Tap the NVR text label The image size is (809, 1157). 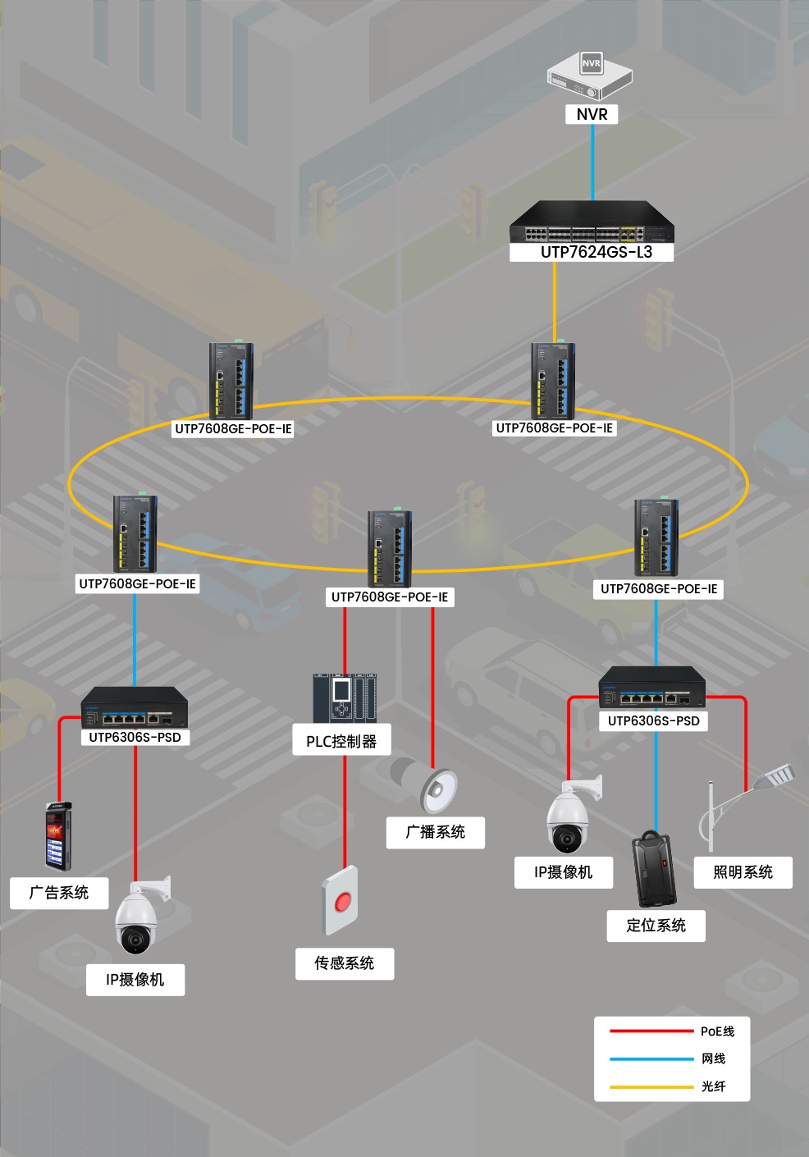coord(592,114)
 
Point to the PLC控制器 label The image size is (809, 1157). coord(341,741)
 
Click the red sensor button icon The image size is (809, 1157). coord(341,901)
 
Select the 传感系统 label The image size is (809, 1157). coord(345,963)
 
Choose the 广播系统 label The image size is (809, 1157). coord(436,832)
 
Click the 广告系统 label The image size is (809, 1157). coord(59,892)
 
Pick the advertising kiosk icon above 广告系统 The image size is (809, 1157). coord(57,836)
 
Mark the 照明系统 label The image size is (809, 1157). coord(743,872)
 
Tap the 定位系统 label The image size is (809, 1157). coord(656,926)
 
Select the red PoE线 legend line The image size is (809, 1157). coord(651,1031)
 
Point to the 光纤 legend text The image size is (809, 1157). coord(713,1086)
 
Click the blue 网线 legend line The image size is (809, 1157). coord(651,1059)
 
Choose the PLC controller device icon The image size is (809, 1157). coord(345,698)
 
